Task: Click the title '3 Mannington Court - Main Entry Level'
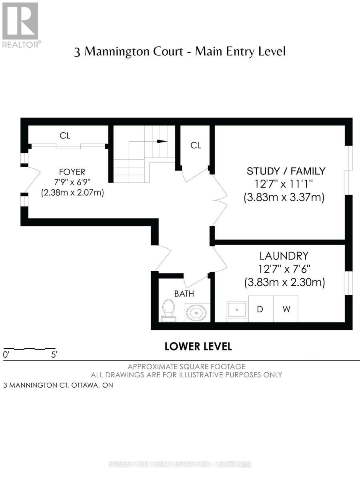180,52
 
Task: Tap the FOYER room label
72,172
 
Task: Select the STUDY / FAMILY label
286,171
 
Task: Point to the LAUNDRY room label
284,256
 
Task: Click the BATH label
184,294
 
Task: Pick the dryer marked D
260,309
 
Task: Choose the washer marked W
286,309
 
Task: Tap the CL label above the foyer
65,136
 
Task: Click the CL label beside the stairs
196,145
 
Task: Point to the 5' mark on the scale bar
54,354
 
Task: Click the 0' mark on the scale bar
6,354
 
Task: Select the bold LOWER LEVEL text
198,346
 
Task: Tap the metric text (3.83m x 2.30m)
284,282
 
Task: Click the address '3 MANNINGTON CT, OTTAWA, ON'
58,386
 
